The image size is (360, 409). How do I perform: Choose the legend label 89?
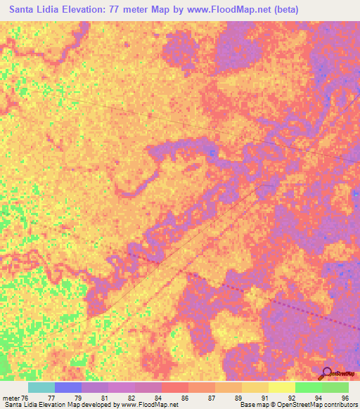[238, 398]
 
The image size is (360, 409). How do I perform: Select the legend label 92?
[292, 398]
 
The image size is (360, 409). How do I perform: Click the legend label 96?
[345, 398]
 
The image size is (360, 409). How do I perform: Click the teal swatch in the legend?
[41, 387]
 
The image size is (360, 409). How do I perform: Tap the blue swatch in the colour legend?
[68, 387]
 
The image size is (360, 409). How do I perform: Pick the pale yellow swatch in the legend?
[282, 387]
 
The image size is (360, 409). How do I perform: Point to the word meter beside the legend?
[10, 398]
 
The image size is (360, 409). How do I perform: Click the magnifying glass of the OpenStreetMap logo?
[327, 372]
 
